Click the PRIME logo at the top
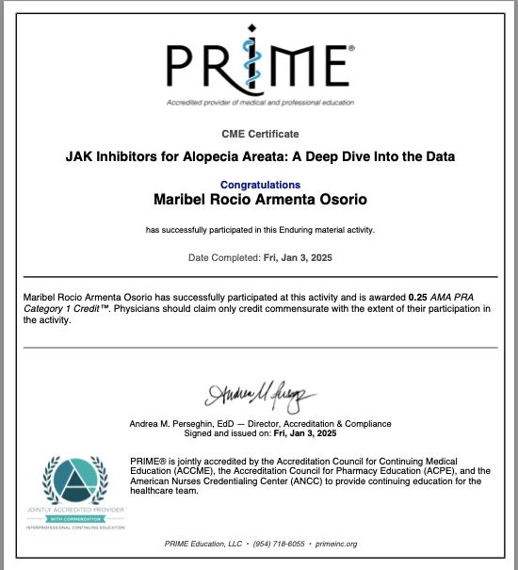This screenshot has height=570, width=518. [258, 63]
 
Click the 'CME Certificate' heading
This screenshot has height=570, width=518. [259, 135]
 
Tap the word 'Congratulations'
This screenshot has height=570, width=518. [260, 185]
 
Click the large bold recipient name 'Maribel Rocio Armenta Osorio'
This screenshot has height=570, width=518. [260, 200]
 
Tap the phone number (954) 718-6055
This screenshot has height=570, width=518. [279, 544]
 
